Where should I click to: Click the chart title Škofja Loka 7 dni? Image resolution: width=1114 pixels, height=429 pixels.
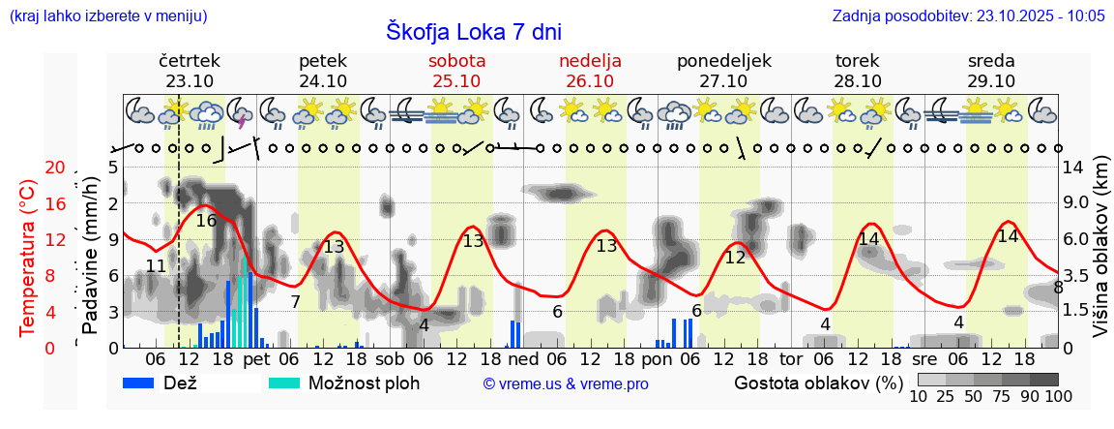click(x=473, y=31)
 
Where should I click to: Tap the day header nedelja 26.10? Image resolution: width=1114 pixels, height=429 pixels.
click(x=590, y=71)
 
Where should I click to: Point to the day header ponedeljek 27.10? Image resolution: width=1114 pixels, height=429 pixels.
click(x=723, y=71)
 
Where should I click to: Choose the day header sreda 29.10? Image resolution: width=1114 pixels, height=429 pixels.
click(x=990, y=71)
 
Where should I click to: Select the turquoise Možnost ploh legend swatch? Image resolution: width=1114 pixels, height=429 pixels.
click(x=287, y=383)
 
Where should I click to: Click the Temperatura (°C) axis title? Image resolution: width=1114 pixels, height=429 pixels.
click(x=28, y=257)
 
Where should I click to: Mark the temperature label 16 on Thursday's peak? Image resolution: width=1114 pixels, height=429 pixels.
click(x=206, y=221)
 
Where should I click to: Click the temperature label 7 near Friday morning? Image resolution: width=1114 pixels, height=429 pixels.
click(x=295, y=302)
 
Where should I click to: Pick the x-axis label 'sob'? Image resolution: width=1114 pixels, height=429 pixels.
click(x=390, y=359)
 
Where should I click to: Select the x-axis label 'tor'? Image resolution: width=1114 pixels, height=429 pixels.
click(x=791, y=359)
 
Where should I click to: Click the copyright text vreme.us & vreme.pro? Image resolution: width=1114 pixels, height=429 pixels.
click(x=566, y=383)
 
